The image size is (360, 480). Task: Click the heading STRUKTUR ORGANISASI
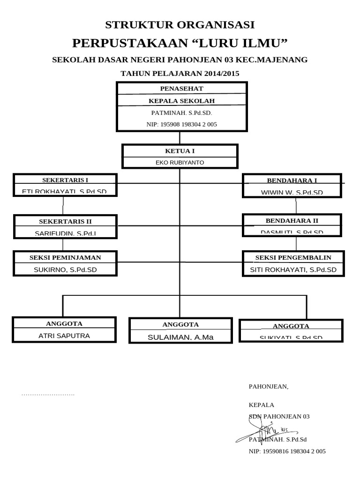pyautogui.click(x=180, y=25)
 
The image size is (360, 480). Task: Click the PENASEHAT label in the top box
pyautogui.click(x=181, y=88)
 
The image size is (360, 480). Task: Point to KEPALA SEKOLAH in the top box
pyautogui.click(x=181, y=101)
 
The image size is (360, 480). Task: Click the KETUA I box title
pyautogui.click(x=180, y=151)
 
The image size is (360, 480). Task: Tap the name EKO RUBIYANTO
pyautogui.click(x=180, y=163)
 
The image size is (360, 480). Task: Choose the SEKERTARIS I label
pyautogui.click(x=65, y=180)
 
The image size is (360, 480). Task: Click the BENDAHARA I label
pyautogui.click(x=292, y=180)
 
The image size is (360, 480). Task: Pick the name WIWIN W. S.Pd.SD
pyautogui.click(x=292, y=192)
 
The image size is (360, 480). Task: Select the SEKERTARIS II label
pyautogui.click(x=65, y=221)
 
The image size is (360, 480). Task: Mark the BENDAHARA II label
pyautogui.click(x=292, y=220)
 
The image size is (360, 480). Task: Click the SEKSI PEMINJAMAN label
pyautogui.click(x=65, y=257)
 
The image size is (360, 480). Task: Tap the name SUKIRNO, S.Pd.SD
pyautogui.click(x=65, y=270)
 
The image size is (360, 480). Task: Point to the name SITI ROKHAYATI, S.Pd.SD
pyautogui.click(x=293, y=270)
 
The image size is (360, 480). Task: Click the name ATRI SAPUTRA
pyautogui.click(x=64, y=336)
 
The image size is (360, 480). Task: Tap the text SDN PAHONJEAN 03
pyautogui.click(x=279, y=416)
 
